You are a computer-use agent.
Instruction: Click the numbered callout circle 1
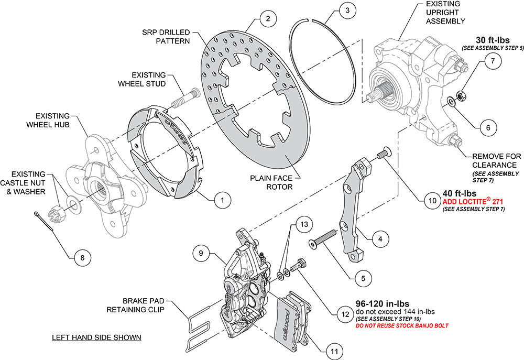(222, 200)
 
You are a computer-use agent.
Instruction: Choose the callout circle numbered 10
(432, 200)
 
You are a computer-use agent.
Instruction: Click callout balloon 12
(344, 314)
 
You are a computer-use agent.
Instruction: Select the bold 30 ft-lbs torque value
(492, 40)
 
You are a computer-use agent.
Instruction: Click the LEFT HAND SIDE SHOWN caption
(96, 337)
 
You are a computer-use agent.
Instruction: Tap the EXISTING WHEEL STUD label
(148, 79)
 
